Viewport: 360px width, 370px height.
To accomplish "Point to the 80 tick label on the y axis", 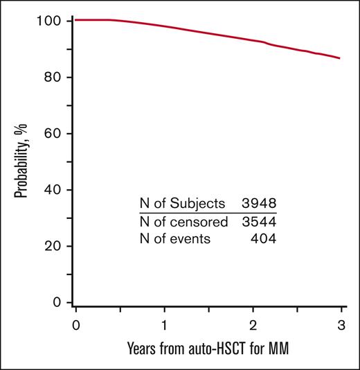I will (x=57, y=78).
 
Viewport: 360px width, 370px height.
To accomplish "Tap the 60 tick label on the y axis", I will (x=57, y=134).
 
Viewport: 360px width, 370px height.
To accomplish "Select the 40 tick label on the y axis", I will (x=57, y=190).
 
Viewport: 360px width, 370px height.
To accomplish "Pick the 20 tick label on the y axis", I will (x=57, y=246).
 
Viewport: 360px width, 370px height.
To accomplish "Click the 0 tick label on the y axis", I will (x=60, y=302).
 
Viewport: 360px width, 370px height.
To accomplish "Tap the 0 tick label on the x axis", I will (x=75, y=325).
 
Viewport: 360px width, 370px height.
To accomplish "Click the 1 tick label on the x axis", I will (x=164, y=325).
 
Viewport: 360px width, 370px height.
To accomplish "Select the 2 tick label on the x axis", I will (x=253, y=325).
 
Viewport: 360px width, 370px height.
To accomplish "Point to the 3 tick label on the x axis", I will (x=342, y=325).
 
